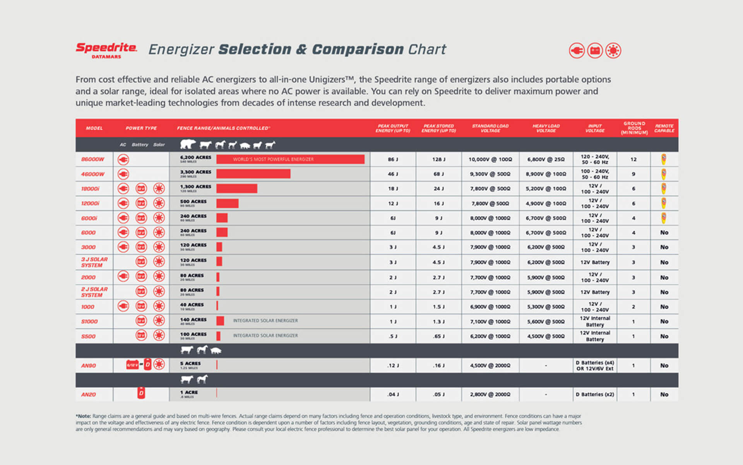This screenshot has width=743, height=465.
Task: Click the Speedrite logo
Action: point(106,50)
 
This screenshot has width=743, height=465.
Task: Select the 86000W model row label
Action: point(92,159)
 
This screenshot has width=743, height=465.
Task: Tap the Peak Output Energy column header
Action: point(393,128)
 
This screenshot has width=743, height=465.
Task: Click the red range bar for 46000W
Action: point(253,174)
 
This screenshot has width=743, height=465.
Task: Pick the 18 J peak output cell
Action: point(393,189)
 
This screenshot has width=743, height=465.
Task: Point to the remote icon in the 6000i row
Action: point(664,218)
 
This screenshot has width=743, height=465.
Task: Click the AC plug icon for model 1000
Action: point(123,306)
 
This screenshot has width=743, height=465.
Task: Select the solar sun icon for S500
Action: point(159,336)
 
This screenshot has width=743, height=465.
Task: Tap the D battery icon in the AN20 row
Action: point(141,393)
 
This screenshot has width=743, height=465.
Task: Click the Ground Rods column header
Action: point(634,128)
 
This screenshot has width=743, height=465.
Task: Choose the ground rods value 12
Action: point(633,159)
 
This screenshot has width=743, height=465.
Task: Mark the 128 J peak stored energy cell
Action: point(438,159)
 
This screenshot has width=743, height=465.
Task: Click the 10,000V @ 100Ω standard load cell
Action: point(490,159)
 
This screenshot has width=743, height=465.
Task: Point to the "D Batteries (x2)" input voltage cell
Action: point(595,394)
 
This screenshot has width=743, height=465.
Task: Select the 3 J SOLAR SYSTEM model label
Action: point(94,262)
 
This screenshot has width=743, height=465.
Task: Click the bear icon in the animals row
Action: point(188,145)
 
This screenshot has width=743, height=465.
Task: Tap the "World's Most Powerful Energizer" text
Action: point(273,159)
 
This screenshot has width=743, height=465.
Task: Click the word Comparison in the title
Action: point(358,50)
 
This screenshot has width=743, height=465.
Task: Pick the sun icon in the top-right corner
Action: point(613,51)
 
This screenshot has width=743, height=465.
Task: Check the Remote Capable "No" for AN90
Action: point(664,365)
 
